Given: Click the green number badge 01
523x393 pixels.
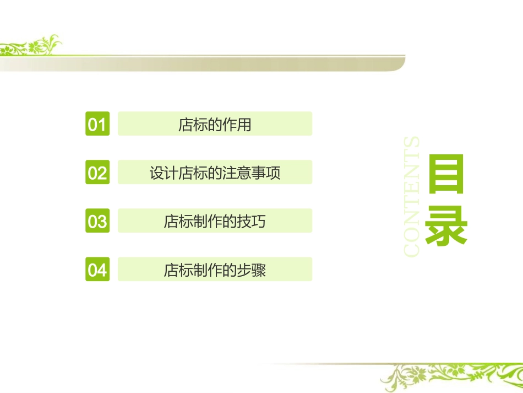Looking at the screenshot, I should tap(97, 124).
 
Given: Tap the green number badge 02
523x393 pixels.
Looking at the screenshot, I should tap(97, 173).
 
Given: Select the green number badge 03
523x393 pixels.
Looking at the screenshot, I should tap(97, 221).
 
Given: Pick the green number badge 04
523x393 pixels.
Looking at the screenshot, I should tap(97, 270).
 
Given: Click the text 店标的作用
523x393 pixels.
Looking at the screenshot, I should tap(215, 125).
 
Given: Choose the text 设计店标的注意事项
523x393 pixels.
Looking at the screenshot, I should tap(215, 173).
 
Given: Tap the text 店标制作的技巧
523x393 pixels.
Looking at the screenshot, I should tap(215, 222).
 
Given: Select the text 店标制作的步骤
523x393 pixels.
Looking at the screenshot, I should tap(215, 270).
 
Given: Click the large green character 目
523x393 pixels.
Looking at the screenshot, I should tap(446, 174).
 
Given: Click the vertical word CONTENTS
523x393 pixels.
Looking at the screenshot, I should tap(412, 196).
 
